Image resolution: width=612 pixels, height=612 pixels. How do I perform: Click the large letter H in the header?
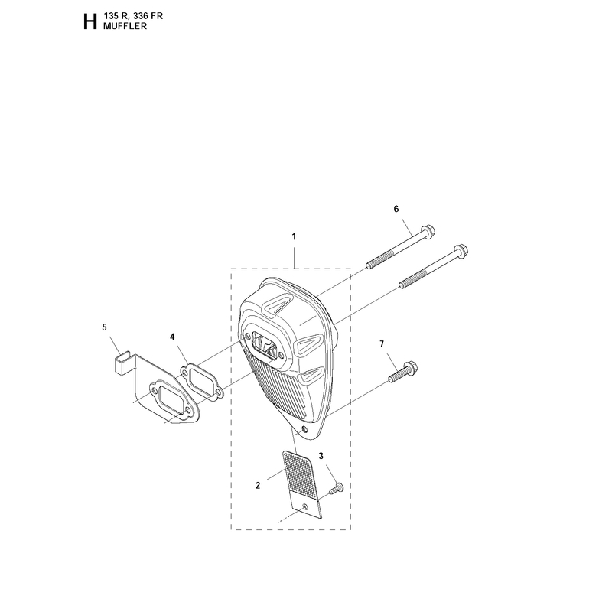(90, 22)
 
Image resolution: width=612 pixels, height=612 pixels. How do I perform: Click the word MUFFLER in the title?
(125, 26)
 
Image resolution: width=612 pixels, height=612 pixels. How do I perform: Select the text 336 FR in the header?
(148, 16)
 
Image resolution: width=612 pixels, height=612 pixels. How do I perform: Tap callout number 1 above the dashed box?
(294, 236)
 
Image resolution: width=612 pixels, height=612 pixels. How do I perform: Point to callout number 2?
(258, 486)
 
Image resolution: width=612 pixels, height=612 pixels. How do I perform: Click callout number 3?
(321, 456)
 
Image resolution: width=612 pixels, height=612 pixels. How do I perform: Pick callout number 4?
(172, 337)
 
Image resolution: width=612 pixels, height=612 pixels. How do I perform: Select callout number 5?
(104, 327)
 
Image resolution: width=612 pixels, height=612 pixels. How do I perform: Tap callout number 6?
(396, 209)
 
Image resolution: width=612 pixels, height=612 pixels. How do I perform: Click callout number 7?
(382, 343)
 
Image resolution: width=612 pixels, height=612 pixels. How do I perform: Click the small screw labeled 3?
(337, 488)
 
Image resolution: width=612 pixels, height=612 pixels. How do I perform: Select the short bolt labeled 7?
(403, 373)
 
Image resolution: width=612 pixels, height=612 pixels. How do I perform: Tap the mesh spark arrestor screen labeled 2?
(302, 485)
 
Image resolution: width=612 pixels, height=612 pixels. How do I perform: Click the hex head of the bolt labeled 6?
(428, 231)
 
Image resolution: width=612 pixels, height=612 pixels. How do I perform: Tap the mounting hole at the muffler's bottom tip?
(304, 430)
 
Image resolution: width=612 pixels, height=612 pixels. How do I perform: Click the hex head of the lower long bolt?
(461, 250)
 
